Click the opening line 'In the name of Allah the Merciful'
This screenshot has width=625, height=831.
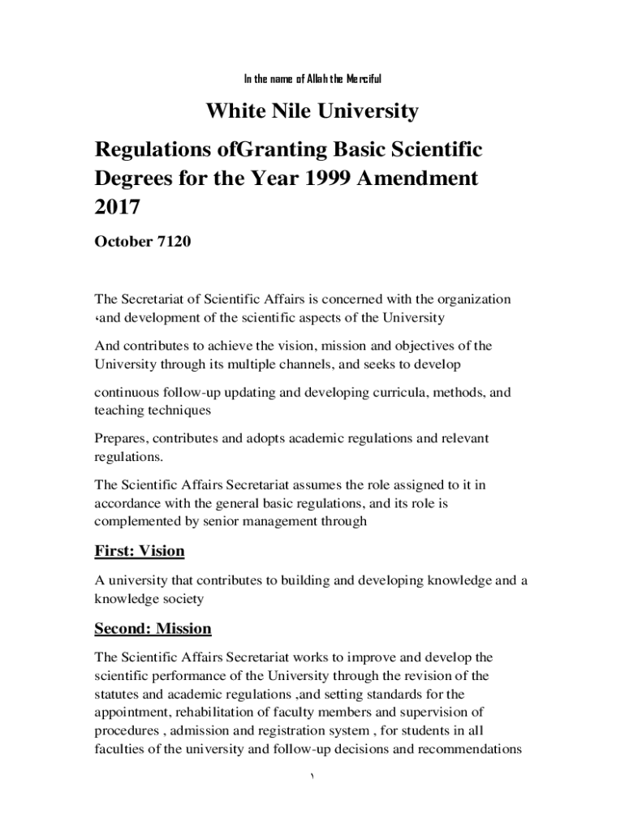point(312,79)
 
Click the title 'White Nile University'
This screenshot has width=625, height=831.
point(312,110)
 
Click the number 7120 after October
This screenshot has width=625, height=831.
point(170,242)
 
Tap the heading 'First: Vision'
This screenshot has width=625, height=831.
point(140,552)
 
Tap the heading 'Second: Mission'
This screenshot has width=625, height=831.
point(153,629)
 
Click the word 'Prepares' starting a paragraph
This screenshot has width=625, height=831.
point(122,439)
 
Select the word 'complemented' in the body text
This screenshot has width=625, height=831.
point(136,522)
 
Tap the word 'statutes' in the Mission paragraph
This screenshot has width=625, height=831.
point(119,694)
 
